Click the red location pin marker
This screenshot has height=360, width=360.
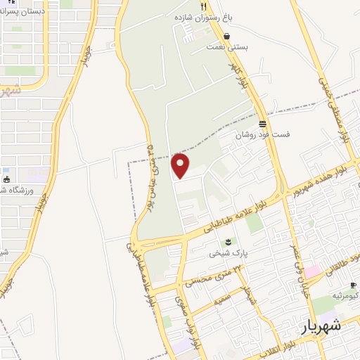click(181, 165)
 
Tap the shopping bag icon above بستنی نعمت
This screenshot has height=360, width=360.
click(226, 35)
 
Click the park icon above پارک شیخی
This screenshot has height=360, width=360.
click(226, 243)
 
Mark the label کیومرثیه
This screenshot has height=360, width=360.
click(347, 295)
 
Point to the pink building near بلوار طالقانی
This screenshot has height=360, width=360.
click(312, 271)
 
